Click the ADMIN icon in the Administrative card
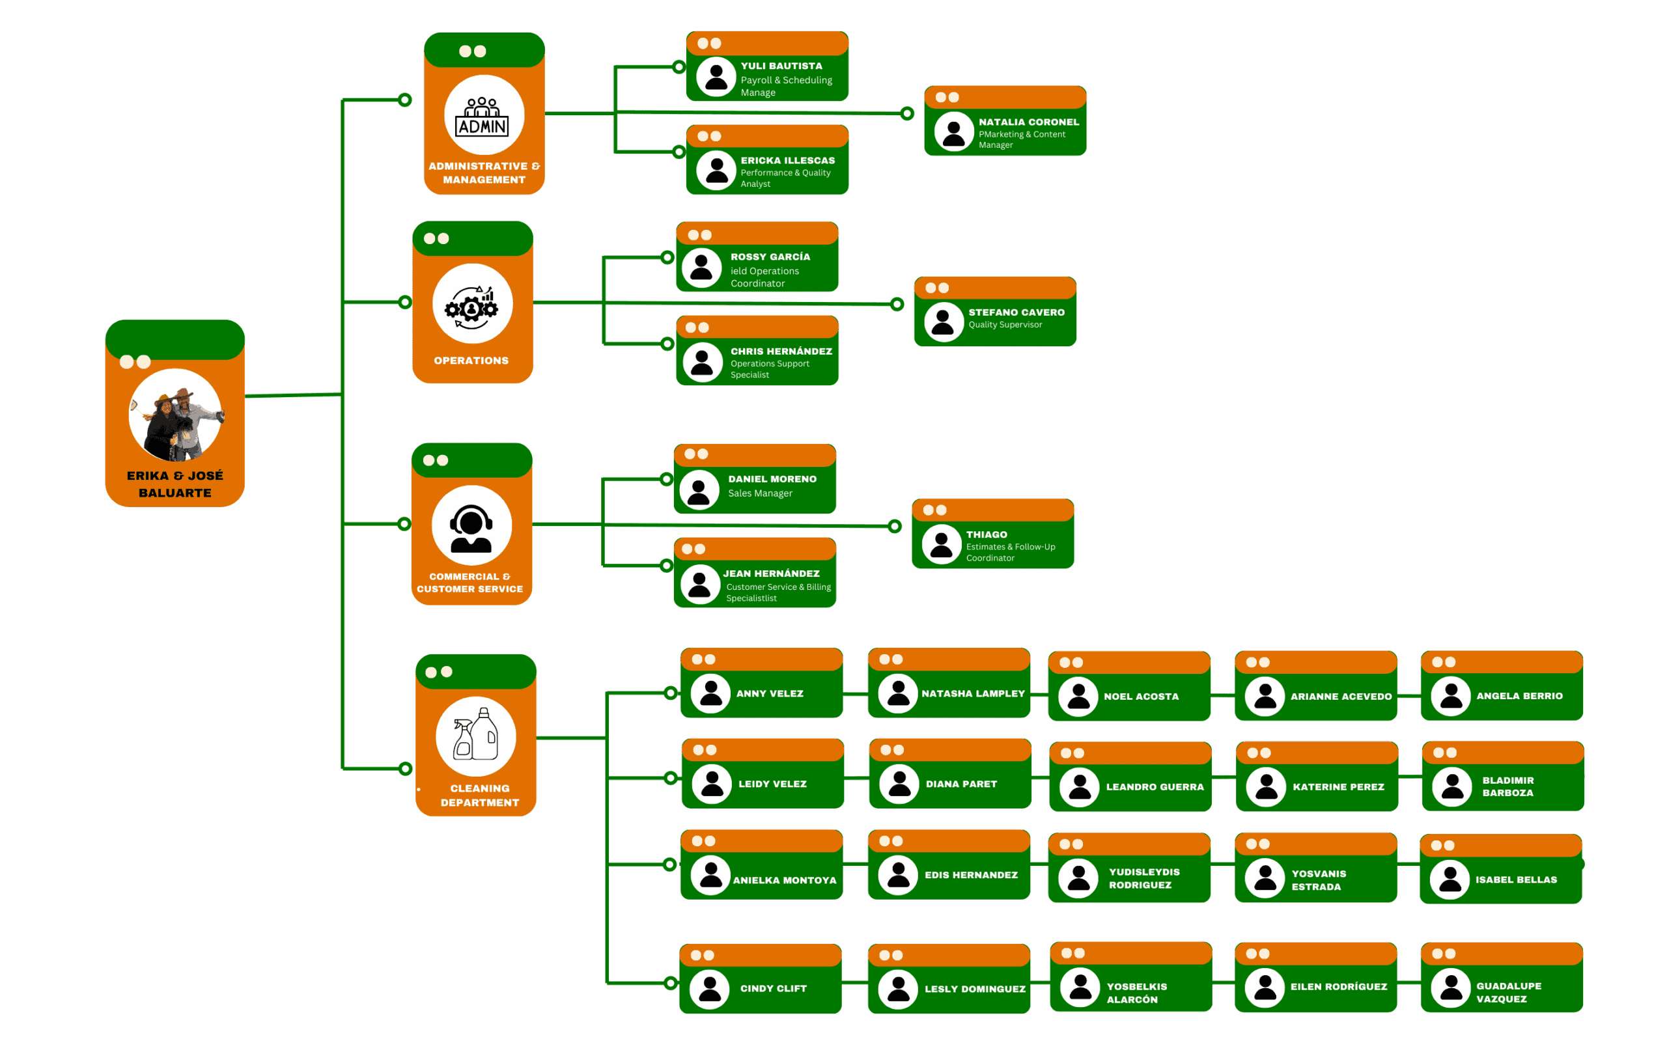click(x=483, y=117)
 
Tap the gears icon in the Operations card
click(x=472, y=305)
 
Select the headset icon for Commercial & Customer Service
click(x=471, y=527)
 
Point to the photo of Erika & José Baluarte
click(x=175, y=415)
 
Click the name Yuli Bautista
click(x=781, y=66)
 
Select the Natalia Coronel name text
click(x=1028, y=122)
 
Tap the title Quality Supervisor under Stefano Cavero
click(x=1005, y=325)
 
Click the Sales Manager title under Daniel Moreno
click(x=759, y=493)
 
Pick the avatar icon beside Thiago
click(x=941, y=544)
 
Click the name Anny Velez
click(x=769, y=693)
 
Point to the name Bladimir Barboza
click(x=1507, y=787)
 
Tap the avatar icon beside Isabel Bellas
click(x=1450, y=879)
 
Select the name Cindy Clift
click(x=774, y=988)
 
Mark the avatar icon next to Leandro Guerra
click(x=1079, y=787)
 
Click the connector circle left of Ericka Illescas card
click(x=679, y=152)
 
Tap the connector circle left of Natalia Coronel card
click(x=907, y=113)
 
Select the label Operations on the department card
click(x=471, y=361)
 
